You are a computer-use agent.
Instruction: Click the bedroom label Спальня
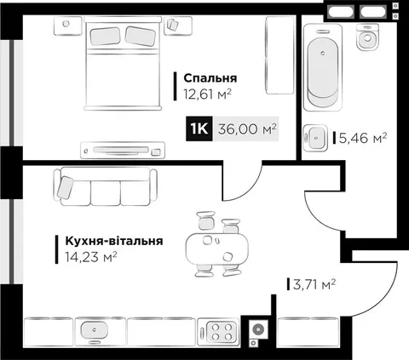(x=210, y=78)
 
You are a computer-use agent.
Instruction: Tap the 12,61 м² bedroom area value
(x=207, y=94)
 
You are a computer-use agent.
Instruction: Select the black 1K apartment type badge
(x=199, y=129)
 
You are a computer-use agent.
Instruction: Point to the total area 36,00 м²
(x=247, y=129)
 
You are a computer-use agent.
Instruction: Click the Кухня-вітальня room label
(x=114, y=241)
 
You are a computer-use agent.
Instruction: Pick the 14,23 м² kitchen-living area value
(x=91, y=257)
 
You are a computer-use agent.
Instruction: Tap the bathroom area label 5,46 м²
(x=362, y=138)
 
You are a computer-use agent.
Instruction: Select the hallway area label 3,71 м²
(x=314, y=284)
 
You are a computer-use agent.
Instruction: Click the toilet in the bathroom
(x=368, y=37)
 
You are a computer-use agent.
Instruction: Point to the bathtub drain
(x=323, y=53)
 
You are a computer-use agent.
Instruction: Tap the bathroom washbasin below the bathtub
(x=315, y=138)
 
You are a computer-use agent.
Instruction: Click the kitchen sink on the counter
(x=94, y=330)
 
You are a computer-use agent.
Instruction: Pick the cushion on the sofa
(x=65, y=187)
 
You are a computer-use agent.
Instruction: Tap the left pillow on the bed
(x=105, y=36)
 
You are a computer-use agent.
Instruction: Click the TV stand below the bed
(x=123, y=150)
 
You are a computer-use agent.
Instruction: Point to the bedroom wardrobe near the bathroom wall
(x=279, y=55)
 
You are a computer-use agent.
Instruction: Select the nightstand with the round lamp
(x=68, y=26)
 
